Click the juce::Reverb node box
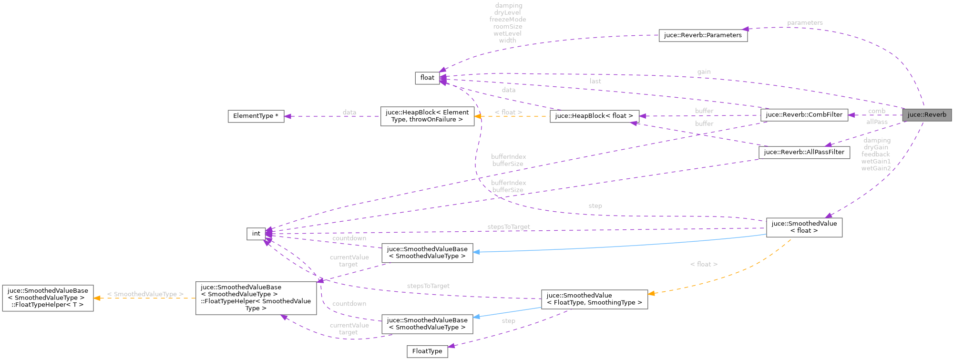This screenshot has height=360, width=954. [927, 115]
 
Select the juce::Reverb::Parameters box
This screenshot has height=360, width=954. [703, 35]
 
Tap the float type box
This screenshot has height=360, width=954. [427, 78]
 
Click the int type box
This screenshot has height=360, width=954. [256, 234]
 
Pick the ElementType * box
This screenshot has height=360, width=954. [256, 116]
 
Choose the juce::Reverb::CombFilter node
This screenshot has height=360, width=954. [804, 115]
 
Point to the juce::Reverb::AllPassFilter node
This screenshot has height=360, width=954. [804, 152]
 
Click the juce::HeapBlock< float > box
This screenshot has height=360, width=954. [594, 116]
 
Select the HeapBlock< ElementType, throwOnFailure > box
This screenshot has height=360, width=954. [427, 116]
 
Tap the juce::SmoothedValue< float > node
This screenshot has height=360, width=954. [804, 227]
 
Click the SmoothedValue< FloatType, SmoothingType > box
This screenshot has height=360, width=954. [594, 299]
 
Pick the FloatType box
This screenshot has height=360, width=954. [427, 351]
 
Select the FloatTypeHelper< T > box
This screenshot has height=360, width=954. [48, 298]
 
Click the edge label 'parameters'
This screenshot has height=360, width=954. [805, 23]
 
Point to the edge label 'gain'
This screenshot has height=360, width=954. [704, 72]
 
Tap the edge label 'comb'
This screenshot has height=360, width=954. [876, 111]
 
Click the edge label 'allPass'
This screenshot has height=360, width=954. [877, 122]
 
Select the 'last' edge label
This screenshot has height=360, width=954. [595, 81]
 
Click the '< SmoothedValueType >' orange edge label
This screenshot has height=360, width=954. [145, 294]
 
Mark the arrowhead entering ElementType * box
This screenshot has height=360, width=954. [287, 116]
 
